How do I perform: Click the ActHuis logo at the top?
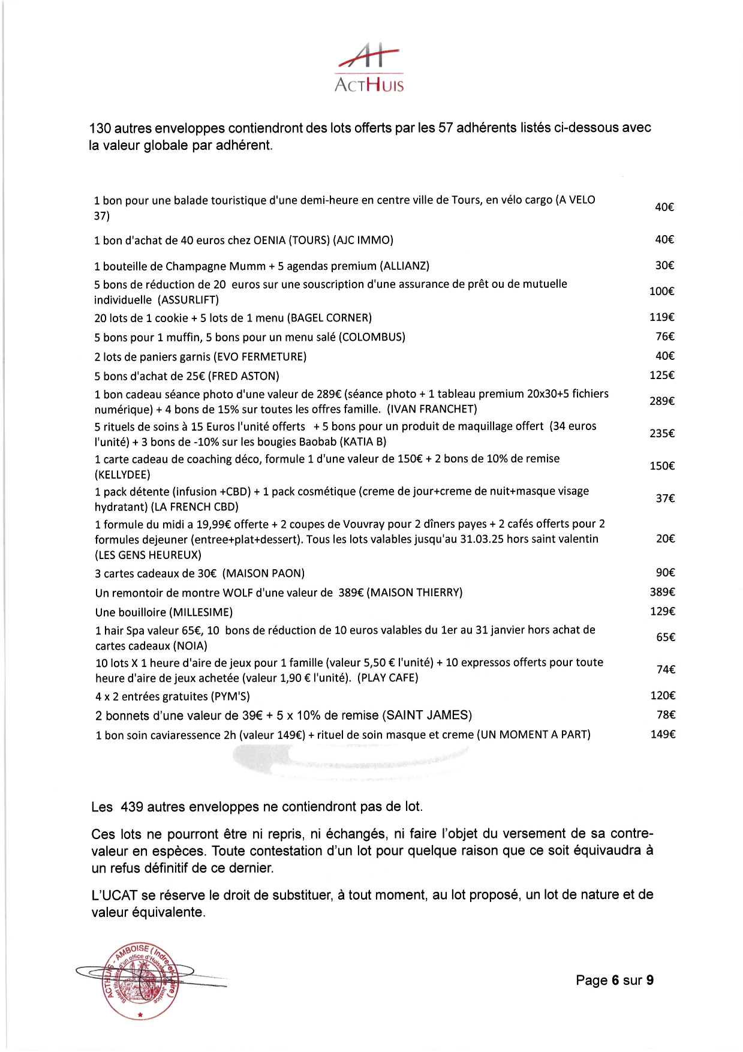tap(369, 68)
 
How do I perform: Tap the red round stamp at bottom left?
tap(140, 981)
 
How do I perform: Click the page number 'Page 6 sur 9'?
tap(614, 980)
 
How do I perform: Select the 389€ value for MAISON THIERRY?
tap(662, 592)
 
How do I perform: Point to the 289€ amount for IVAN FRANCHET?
tap(661, 401)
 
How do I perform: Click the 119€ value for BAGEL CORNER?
tap(661, 317)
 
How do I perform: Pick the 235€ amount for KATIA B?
tap(661, 433)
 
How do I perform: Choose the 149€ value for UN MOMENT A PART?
tap(663, 734)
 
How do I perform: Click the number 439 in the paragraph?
tap(132, 807)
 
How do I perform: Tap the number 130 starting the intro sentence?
tap(100, 128)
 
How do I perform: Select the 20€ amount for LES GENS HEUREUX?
tap(665, 539)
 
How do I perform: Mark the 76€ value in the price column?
tap(664, 336)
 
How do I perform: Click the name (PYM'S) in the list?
tap(230, 696)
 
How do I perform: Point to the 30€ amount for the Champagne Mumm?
tap(664, 265)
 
